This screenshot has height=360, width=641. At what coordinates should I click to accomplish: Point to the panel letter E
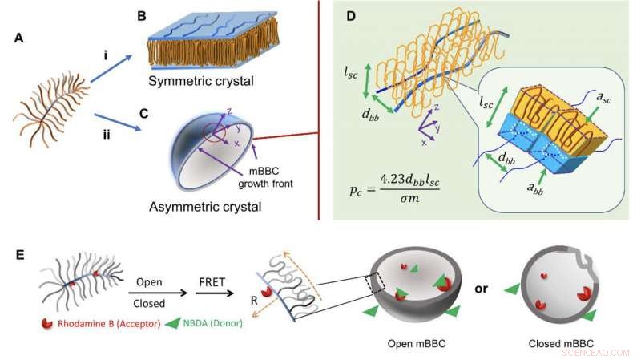18,255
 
